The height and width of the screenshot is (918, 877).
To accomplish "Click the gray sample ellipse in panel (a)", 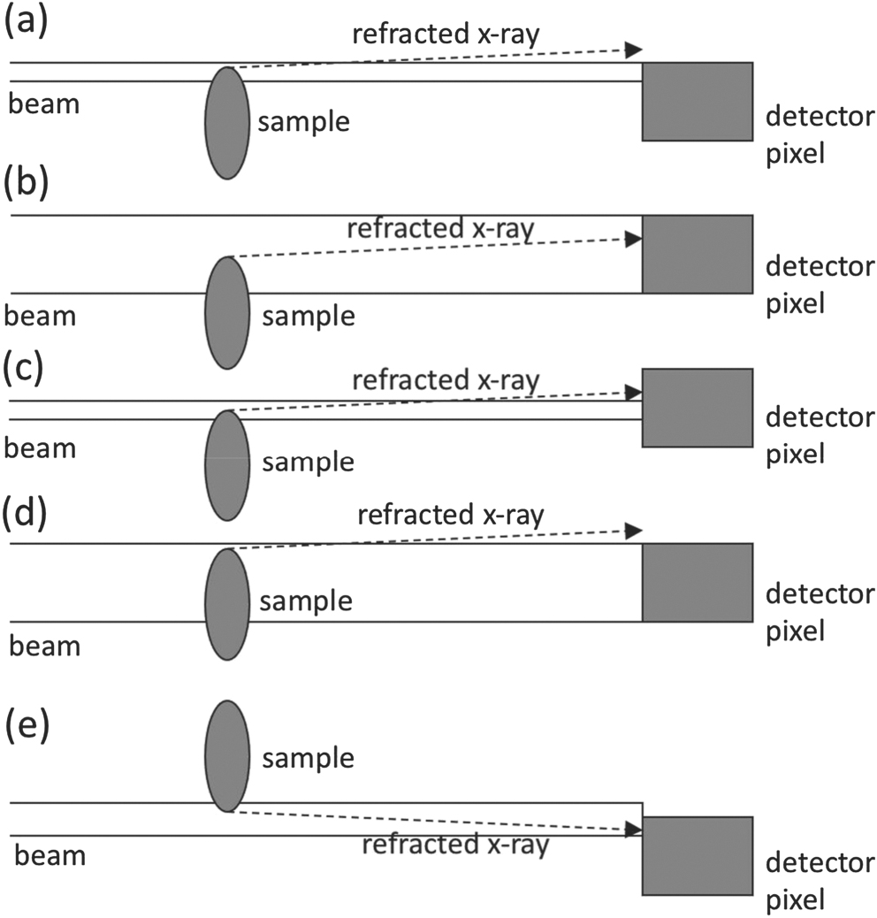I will (x=227, y=123).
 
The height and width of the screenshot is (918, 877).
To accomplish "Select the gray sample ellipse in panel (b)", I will (x=227, y=312).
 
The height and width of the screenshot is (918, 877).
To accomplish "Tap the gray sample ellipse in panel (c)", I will (x=227, y=464).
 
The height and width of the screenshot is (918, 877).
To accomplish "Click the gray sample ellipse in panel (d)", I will (x=227, y=603).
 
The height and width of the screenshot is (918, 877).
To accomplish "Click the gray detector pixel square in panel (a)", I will (x=698, y=102).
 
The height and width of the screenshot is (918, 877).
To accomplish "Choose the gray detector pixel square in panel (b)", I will (x=698, y=254).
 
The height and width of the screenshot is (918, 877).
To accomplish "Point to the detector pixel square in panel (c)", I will (x=698, y=408).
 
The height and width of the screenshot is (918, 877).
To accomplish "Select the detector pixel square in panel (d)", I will (x=698, y=582).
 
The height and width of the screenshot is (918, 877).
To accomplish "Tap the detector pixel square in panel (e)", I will (x=698, y=856).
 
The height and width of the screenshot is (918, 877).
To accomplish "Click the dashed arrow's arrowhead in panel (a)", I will (x=633, y=49).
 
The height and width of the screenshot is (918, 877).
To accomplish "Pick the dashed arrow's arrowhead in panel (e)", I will (x=633, y=830).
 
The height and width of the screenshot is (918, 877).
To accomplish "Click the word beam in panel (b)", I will (x=41, y=315).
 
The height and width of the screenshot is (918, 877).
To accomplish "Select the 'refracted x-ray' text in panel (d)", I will (x=450, y=514).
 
